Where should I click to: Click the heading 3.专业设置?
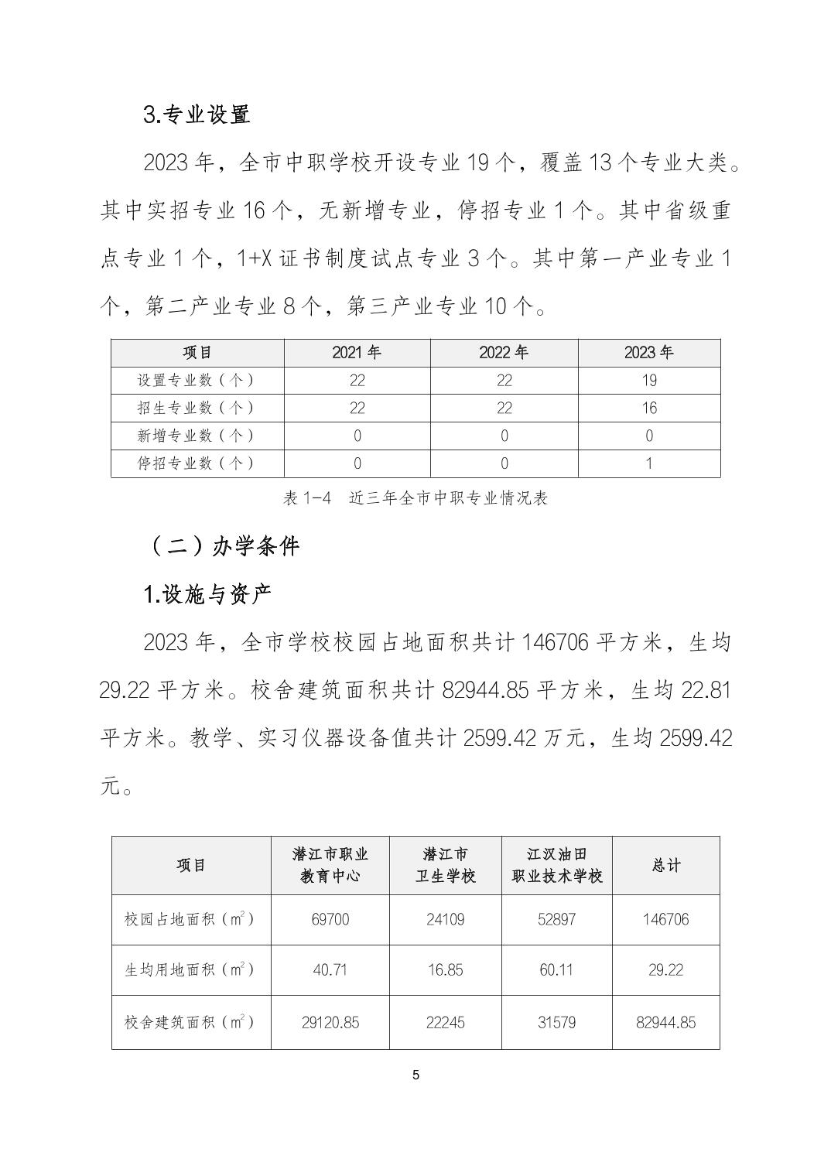tap(197, 115)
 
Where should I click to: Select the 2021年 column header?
tap(357, 353)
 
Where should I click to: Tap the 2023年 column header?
tap(648, 353)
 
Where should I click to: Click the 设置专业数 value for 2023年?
tap(648, 381)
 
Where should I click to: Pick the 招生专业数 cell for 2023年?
tap(648, 409)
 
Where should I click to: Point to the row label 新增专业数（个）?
tap(197, 436)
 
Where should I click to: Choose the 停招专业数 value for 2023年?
tap(648, 463)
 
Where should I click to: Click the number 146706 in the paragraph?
tap(556, 642)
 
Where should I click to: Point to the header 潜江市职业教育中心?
tap(330, 865)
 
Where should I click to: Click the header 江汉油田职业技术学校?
tap(556, 865)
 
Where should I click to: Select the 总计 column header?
tap(666, 865)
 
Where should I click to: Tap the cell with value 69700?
tap(330, 919)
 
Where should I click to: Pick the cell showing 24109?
tap(446, 919)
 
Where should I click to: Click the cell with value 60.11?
tap(556, 970)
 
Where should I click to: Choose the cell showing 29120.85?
tap(330, 1022)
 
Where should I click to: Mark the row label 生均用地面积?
tap(190, 970)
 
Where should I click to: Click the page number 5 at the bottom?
tap(415, 1075)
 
